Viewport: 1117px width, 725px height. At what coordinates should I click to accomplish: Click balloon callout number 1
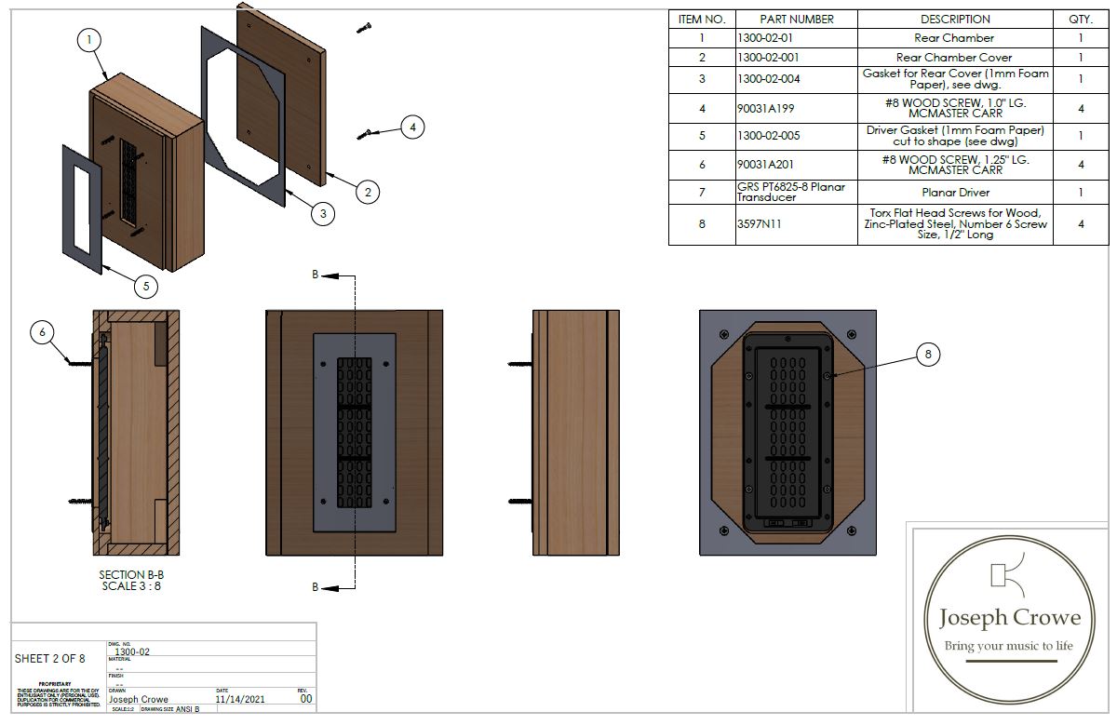coord(88,40)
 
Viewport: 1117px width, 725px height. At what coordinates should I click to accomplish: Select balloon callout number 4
coord(413,127)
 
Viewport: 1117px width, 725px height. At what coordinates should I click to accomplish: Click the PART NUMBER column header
coord(796,19)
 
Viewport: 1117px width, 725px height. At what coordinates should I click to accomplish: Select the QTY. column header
coord(1080,19)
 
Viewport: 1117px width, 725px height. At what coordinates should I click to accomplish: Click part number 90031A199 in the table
coord(768,108)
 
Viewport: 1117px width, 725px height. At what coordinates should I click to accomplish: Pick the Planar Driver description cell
coord(955,192)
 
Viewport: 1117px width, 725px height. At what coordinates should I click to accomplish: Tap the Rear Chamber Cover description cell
coord(955,58)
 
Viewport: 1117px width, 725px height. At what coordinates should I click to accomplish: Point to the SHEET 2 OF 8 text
coord(49,659)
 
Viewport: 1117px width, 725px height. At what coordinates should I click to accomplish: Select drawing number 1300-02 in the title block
coord(131,651)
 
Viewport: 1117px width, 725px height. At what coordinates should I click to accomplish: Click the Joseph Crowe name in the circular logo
coord(1010,618)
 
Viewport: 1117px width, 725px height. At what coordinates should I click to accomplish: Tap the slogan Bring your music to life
coord(1009,646)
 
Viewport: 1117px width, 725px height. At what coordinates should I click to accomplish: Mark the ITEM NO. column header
coord(702,19)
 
